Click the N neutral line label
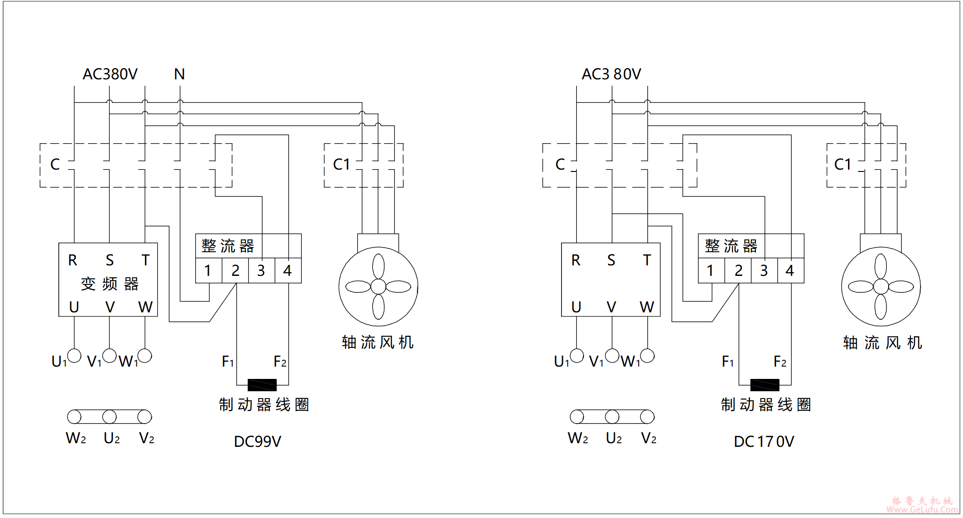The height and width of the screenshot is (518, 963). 179,74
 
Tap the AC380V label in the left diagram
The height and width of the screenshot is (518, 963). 110,74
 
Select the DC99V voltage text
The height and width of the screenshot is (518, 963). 257,441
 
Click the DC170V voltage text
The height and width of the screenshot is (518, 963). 764,441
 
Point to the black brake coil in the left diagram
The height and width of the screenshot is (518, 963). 262,385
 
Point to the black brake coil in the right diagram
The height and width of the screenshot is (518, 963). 765,385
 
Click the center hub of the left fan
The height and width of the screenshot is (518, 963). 378,286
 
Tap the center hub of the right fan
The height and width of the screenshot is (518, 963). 881,286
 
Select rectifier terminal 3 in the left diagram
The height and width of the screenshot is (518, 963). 261,271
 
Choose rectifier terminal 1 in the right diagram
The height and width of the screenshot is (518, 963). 710,271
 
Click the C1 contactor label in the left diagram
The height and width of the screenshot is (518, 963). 341,164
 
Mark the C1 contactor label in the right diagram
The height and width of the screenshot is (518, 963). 843,164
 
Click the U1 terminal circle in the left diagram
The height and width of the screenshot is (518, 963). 74,355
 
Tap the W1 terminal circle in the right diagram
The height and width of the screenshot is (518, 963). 647,355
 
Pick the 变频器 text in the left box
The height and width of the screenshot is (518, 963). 109,284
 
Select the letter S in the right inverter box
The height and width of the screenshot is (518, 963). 611,260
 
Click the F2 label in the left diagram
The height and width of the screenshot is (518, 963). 280,362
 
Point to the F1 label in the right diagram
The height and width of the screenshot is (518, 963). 728,362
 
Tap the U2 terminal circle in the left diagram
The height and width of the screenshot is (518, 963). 109,416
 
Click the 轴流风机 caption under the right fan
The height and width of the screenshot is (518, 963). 882,342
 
